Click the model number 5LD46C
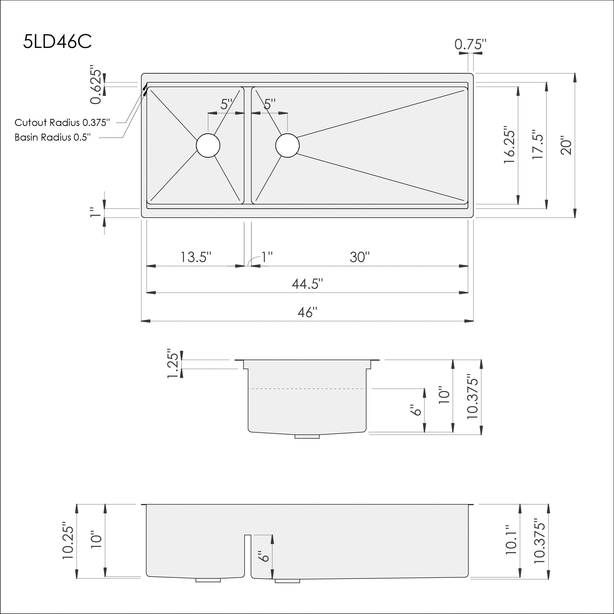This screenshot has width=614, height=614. coord(58,42)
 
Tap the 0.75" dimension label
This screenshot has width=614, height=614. coord(470,45)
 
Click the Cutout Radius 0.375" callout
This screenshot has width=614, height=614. coord(62,122)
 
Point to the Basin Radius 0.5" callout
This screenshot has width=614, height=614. coord(53,137)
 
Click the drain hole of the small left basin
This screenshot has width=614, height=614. coord(208,146)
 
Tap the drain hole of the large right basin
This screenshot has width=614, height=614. coord(287,146)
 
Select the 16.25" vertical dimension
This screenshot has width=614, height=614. coord(509,146)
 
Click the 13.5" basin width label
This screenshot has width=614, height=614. coord(196,257)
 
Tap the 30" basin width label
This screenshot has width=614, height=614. coord(360,257)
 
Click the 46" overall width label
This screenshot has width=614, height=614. coord(307,312)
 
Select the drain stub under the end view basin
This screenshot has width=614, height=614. coord(307,436)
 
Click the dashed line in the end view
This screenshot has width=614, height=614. coord(307,389)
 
